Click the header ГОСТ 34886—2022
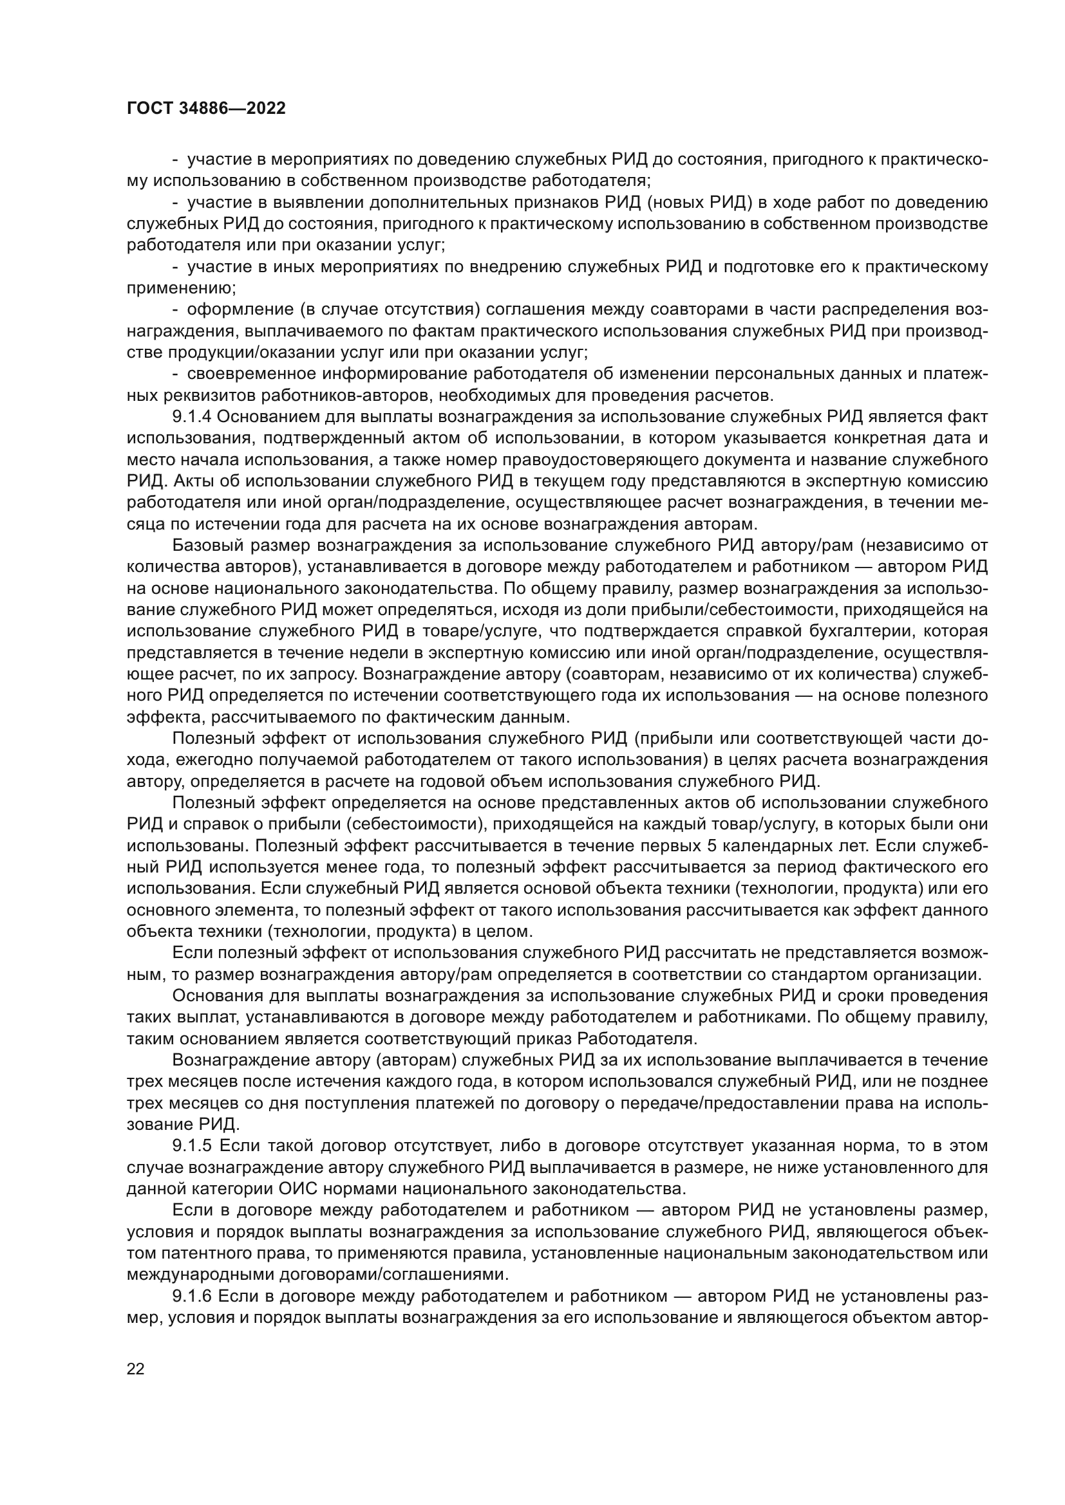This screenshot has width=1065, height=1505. click(206, 109)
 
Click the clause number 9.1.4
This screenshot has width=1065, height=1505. click(191, 417)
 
